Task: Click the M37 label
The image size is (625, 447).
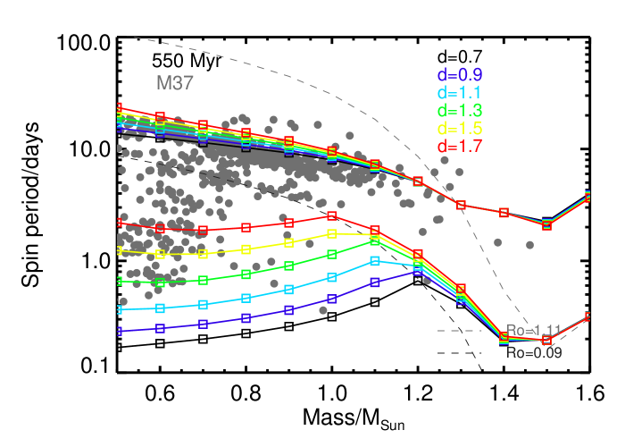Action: pyautogui.click(x=175, y=83)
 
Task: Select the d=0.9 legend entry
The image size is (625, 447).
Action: pyautogui.click(x=460, y=75)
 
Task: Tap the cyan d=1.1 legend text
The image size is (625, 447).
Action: pyautogui.click(x=460, y=93)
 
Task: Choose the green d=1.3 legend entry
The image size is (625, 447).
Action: pyautogui.click(x=460, y=111)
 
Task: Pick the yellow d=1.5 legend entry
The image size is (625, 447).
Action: pyautogui.click(x=460, y=129)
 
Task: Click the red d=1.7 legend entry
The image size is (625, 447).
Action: pyautogui.click(x=460, y=147)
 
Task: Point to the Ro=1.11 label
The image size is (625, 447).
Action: pyautogui.click(x=534, y=331)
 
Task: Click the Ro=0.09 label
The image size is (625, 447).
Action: pyautogui.click(x=534, y=353)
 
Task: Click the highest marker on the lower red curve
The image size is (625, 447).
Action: pyautogui.click(x=331, y=215)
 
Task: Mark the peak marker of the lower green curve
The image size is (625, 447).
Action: pyautogui.click(x=375, y=241)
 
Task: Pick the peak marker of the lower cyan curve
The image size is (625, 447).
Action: pyautogui.click(x=375, y=261)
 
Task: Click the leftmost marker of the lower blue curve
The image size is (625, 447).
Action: pyautogui.click(x=118, y=331)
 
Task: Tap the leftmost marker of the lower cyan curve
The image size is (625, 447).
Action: pyautogui.click(x=118, y=309)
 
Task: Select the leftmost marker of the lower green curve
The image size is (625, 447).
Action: pyautogui.click(x=118, y=282)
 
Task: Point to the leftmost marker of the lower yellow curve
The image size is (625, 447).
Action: pyautogui.click(x=118, y=251)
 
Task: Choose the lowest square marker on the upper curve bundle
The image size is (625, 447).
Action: pyautogui.click(x=546, y=224)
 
